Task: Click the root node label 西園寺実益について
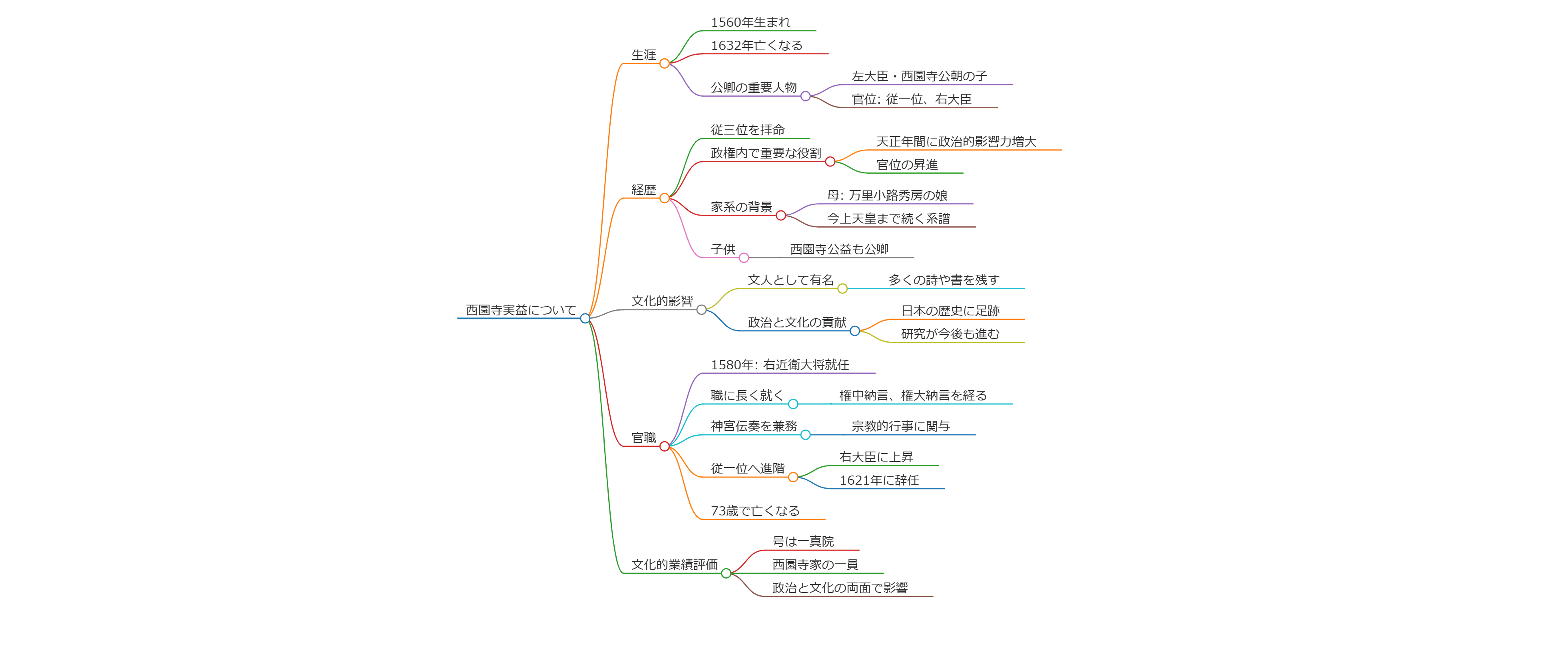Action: point(520,310)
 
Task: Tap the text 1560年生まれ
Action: point(750,22)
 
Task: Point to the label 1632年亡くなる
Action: point(756,45)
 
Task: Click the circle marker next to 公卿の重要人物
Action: point(805,96)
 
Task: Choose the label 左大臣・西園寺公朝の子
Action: point(919,76)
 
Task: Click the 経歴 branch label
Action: point(644,190)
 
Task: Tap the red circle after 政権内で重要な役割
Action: point(830,162)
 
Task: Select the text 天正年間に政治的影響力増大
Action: point(956,141)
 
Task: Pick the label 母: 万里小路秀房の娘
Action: point(887,195)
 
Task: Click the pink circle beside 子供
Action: point(744,258)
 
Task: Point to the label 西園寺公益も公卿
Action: point(839,249)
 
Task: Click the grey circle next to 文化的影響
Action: point(701,310)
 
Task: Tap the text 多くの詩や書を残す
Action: point(944,280)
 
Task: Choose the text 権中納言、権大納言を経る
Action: point(913,395)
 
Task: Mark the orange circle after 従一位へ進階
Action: point(793,477)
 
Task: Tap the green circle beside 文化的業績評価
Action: point(726,573)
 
